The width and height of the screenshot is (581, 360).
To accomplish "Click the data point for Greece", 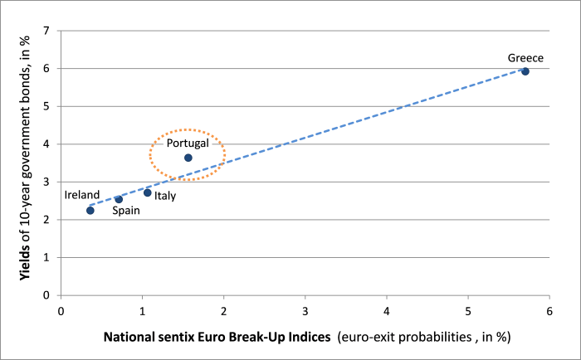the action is click(525, 71).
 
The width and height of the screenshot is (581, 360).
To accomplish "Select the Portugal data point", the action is click(188, 158).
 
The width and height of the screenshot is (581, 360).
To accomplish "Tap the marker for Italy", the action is click(148, 192).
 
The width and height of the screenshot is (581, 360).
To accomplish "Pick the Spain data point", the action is click(119, 199).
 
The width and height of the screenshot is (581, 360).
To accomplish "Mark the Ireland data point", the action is click(90, 211).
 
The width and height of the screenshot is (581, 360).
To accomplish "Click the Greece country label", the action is click(525, 58).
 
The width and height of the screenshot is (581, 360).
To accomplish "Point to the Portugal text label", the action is click(188, 144).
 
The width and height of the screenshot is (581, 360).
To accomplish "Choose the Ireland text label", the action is click(82, 195).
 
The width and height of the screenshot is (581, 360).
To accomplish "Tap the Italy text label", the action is click(165, 196).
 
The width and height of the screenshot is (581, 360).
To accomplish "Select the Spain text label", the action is click(126, 211).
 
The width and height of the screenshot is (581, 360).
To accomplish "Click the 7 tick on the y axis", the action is click(46, 31).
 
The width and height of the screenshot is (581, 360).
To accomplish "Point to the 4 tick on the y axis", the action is click(46, 144).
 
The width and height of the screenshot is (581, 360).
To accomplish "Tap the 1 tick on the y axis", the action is click(46, 257).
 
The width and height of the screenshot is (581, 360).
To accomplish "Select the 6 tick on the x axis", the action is click(549, 312).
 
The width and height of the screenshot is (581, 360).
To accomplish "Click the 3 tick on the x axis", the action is click(305, 312).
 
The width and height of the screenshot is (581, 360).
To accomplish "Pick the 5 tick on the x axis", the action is click(468, 312).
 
